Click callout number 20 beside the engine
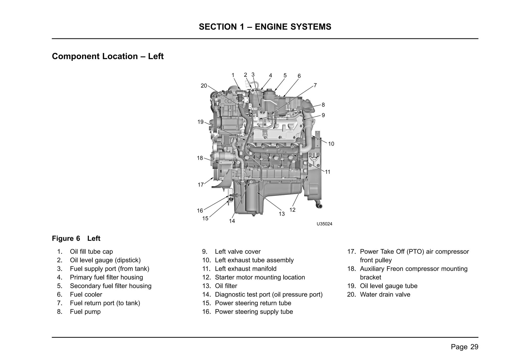tap(203, 86)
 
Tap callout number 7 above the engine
tap(315, 85)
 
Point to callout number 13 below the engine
tap(281, 214)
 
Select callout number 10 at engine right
tap(331, 144)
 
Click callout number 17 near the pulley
tap(200, 185)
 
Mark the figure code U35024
tap(324, 224)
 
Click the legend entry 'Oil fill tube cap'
tap(91, 252)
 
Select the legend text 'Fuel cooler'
tap(86, 295)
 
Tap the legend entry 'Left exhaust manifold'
tap(245, 269)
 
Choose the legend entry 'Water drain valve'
tap(385, 295)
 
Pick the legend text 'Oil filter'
tap(226, 286)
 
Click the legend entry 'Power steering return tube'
tap(253, 303)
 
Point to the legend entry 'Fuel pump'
tap(85, 312)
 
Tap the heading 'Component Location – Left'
tap(108, 56)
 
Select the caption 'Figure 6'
tap(66, 239)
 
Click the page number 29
tap(474, 347)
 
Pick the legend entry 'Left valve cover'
tap(238, 252)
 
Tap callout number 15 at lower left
tap(205, 218)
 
